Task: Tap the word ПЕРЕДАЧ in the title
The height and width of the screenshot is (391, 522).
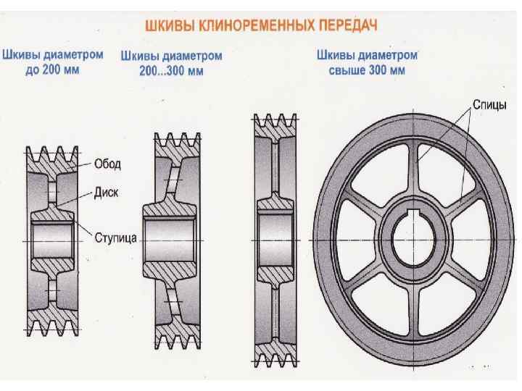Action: [x=350, y=25]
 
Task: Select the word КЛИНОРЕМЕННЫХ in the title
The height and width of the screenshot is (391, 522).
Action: [x=258, y=25]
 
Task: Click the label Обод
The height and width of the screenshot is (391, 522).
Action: [x=107, y=165]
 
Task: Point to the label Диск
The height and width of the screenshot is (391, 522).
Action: [x=107, y=193]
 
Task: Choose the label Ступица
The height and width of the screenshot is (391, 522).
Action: [x=116, y=237]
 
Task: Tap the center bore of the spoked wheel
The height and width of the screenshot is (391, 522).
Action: [x=415, y=237]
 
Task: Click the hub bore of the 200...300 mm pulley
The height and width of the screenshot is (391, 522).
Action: [x=171, y=237]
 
